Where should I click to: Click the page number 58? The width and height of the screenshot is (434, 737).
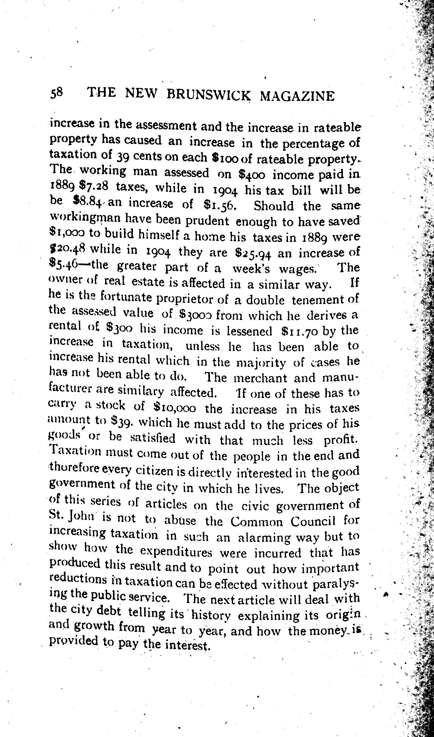(x=57, y=93)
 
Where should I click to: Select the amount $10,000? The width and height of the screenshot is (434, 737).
(x=175, y=408)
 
